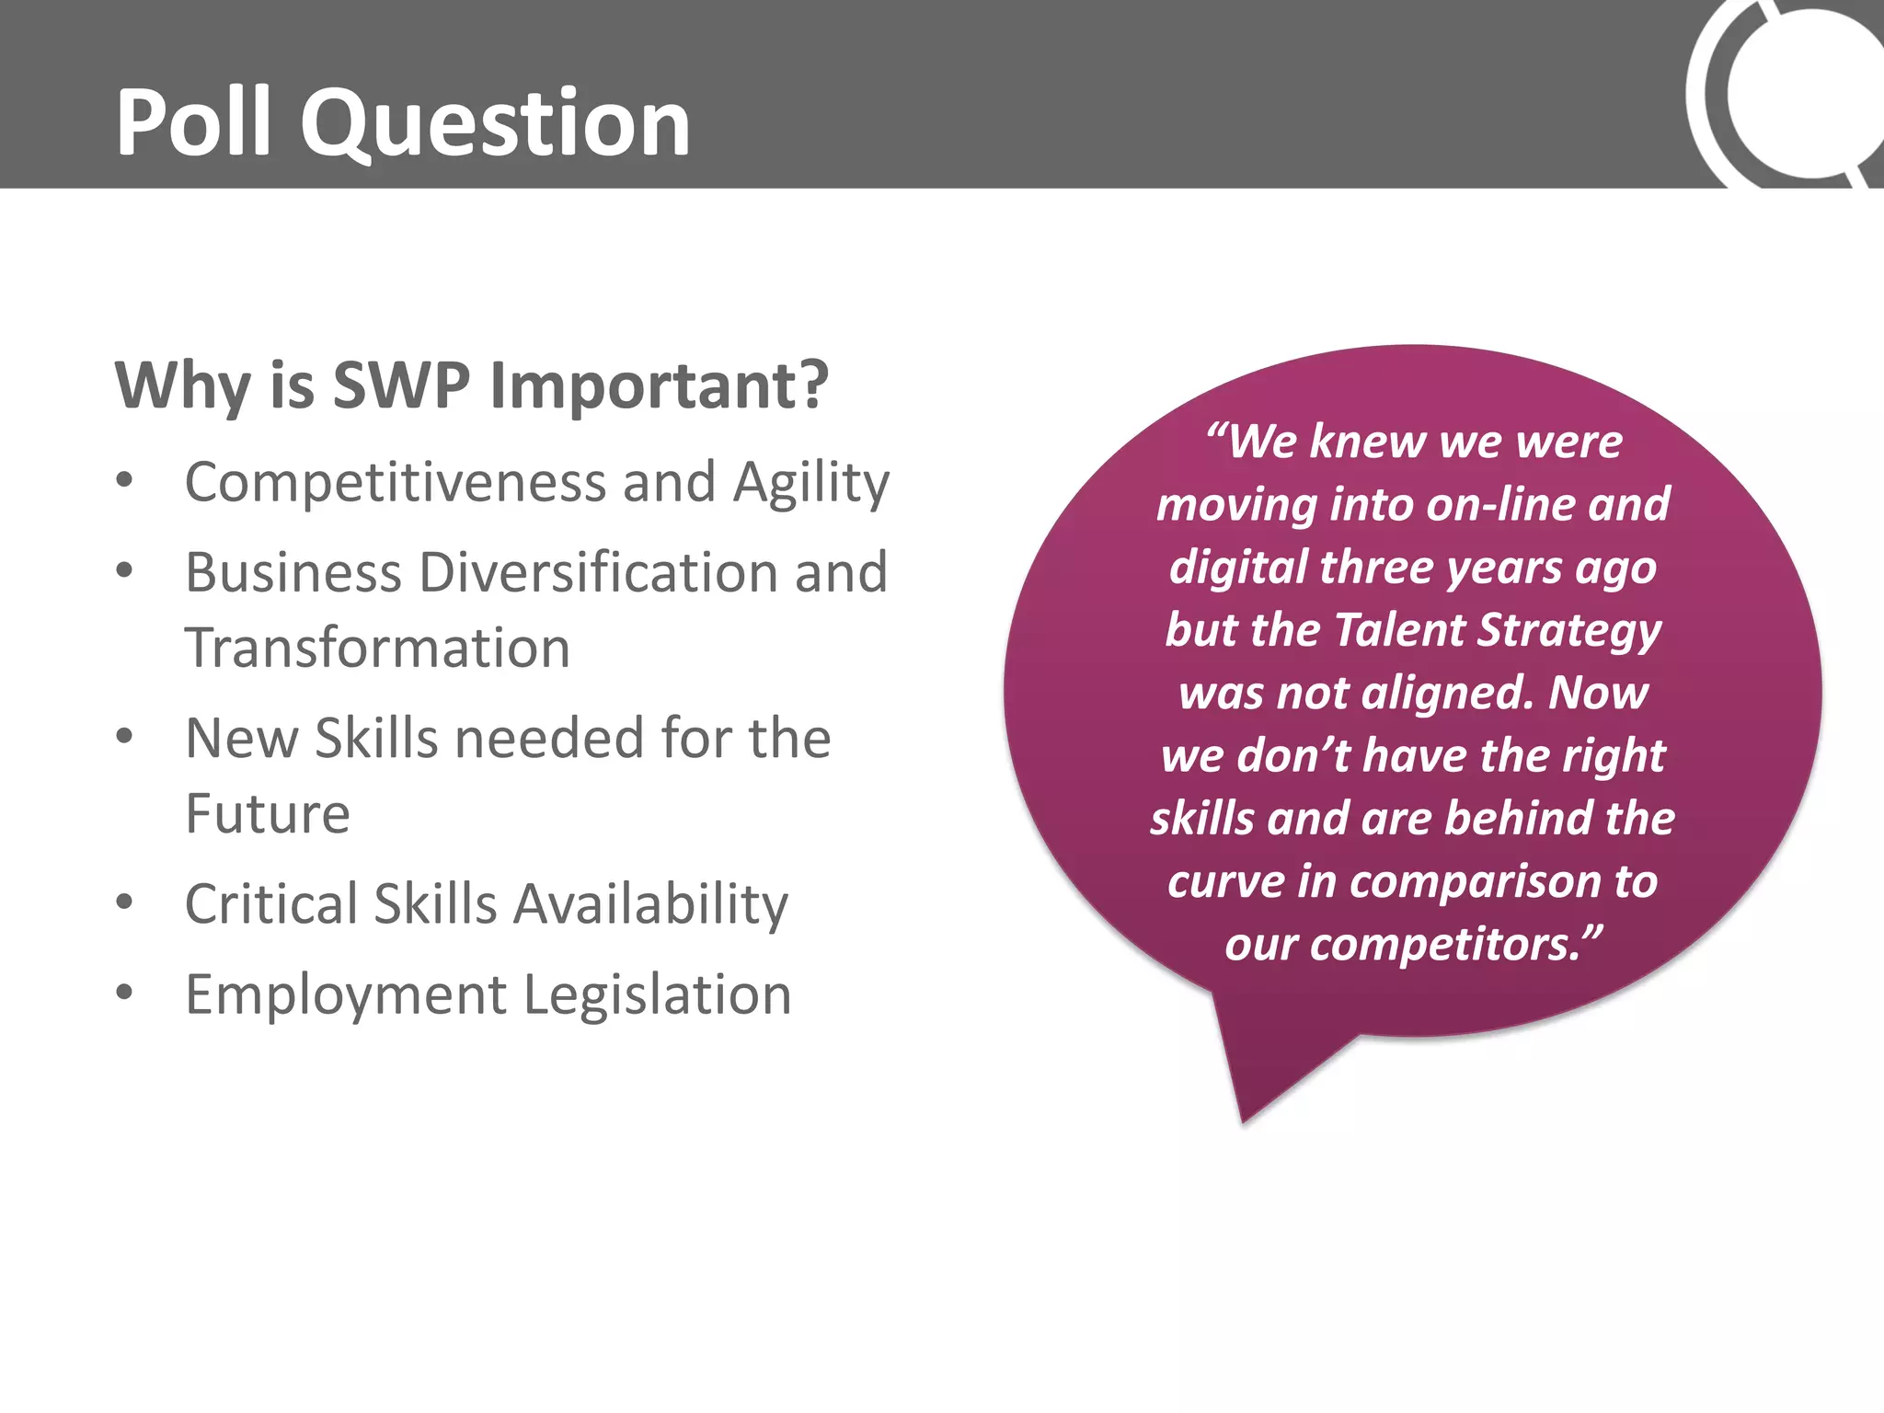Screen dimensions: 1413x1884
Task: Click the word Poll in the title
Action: (194, 122)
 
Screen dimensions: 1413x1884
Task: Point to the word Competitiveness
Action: (396, 483)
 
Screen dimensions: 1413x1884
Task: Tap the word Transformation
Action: (377, 649)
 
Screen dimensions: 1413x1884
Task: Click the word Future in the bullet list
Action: (268, 814)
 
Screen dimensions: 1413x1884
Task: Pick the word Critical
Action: (271, 904)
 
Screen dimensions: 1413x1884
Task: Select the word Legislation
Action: (658, 996)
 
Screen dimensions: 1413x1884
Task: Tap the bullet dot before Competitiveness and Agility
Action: (125, 480)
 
